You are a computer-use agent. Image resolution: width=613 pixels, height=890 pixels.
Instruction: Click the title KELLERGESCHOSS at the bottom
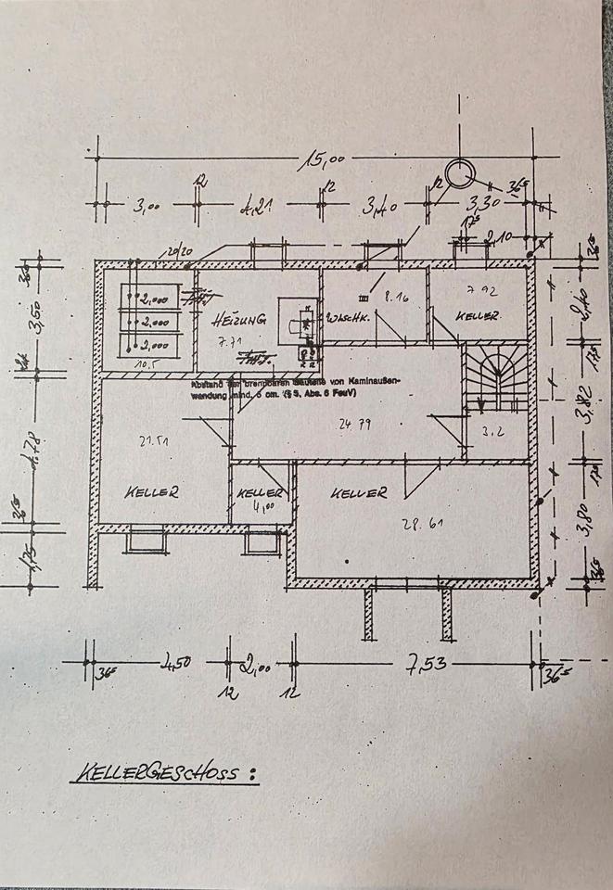pos(163,771)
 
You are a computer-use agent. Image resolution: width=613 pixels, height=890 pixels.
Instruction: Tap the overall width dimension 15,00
pos(322,162)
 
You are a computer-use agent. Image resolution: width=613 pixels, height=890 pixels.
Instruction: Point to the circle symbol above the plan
pos(458,172)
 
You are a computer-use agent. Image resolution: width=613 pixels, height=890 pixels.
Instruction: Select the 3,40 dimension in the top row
pos(381,206)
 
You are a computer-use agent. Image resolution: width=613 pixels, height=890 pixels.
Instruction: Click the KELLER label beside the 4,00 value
pos(260,493)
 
